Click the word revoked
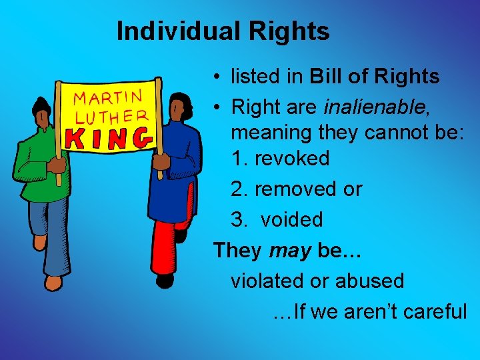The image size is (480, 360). [x=292, y=159]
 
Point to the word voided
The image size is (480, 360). [x=291, y=220]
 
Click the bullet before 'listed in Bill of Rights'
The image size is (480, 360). [x=218, y=77]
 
